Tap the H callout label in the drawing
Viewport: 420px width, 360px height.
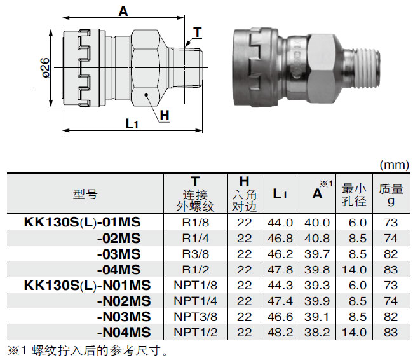(165, 115)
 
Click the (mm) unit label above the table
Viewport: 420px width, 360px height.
(394, 165)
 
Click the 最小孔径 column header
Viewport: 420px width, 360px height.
(354, 194)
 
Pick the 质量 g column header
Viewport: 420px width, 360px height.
(391, 194)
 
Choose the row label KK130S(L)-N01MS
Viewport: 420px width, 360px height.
(87, 284)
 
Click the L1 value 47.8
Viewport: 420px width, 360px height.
(280, 269)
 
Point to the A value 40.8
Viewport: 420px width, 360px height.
(317, 238)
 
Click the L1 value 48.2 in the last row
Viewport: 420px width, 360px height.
(280, 331)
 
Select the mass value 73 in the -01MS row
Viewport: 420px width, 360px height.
(391, 222)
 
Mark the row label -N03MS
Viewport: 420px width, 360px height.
(123, 316)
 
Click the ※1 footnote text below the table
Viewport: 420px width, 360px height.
(89, 350)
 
